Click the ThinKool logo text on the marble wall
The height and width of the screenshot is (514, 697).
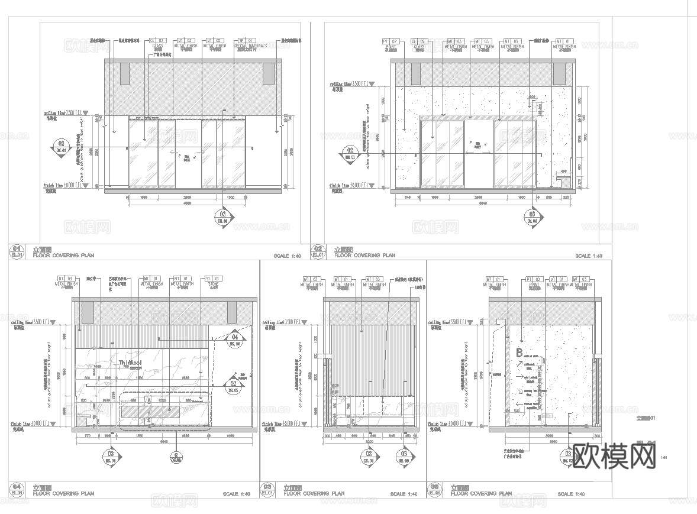[130, 363]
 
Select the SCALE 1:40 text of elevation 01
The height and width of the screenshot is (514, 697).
[288, 256]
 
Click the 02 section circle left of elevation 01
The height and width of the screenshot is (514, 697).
[60, 145]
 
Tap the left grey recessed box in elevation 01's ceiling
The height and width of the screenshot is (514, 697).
[124, 73]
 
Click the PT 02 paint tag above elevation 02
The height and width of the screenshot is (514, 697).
[392, 41]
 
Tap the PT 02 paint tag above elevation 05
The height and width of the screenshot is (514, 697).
[534, 279]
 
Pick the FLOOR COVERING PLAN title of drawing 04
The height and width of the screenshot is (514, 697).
[63, 492]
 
